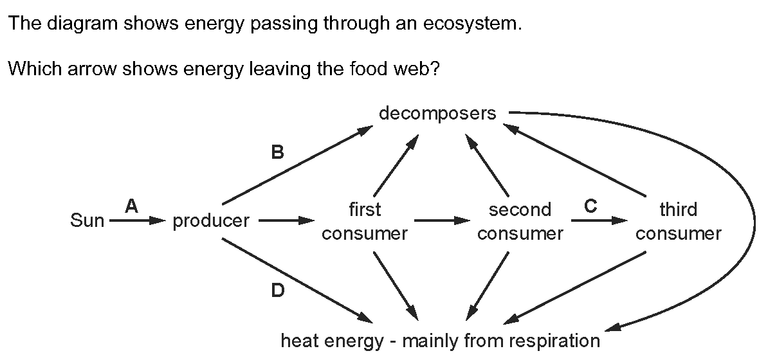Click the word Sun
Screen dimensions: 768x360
coord(87,221)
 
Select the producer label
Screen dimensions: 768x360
coord(211,222)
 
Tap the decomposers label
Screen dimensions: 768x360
coord(437,114)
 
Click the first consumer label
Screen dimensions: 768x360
coord(365,221)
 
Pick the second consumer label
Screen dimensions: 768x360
coord(520,221)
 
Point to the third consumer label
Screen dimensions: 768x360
coord(679,221)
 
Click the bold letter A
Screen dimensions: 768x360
coord(131,207)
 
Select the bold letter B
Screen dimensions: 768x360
coord(277,153)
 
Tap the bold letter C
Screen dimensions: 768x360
coord(590,207)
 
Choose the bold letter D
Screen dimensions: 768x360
coord(277,291)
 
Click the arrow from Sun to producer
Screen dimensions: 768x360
coord(138,221)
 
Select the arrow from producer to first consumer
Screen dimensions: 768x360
coord(286,221)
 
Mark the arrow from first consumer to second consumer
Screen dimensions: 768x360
coord(443,221)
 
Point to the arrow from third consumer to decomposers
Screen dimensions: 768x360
coord(574,159)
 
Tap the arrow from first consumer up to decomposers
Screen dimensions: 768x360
coord(396,165)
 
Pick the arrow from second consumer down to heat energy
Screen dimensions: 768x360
coord(488,286)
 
